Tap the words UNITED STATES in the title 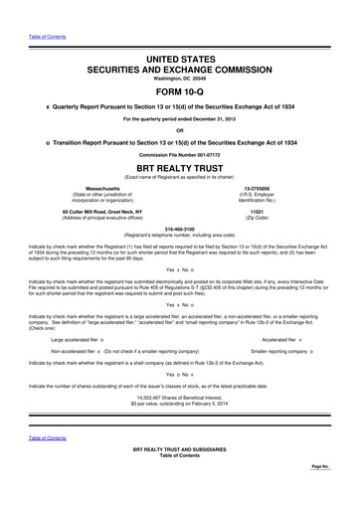180,35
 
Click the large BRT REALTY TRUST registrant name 180,169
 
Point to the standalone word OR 180,129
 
